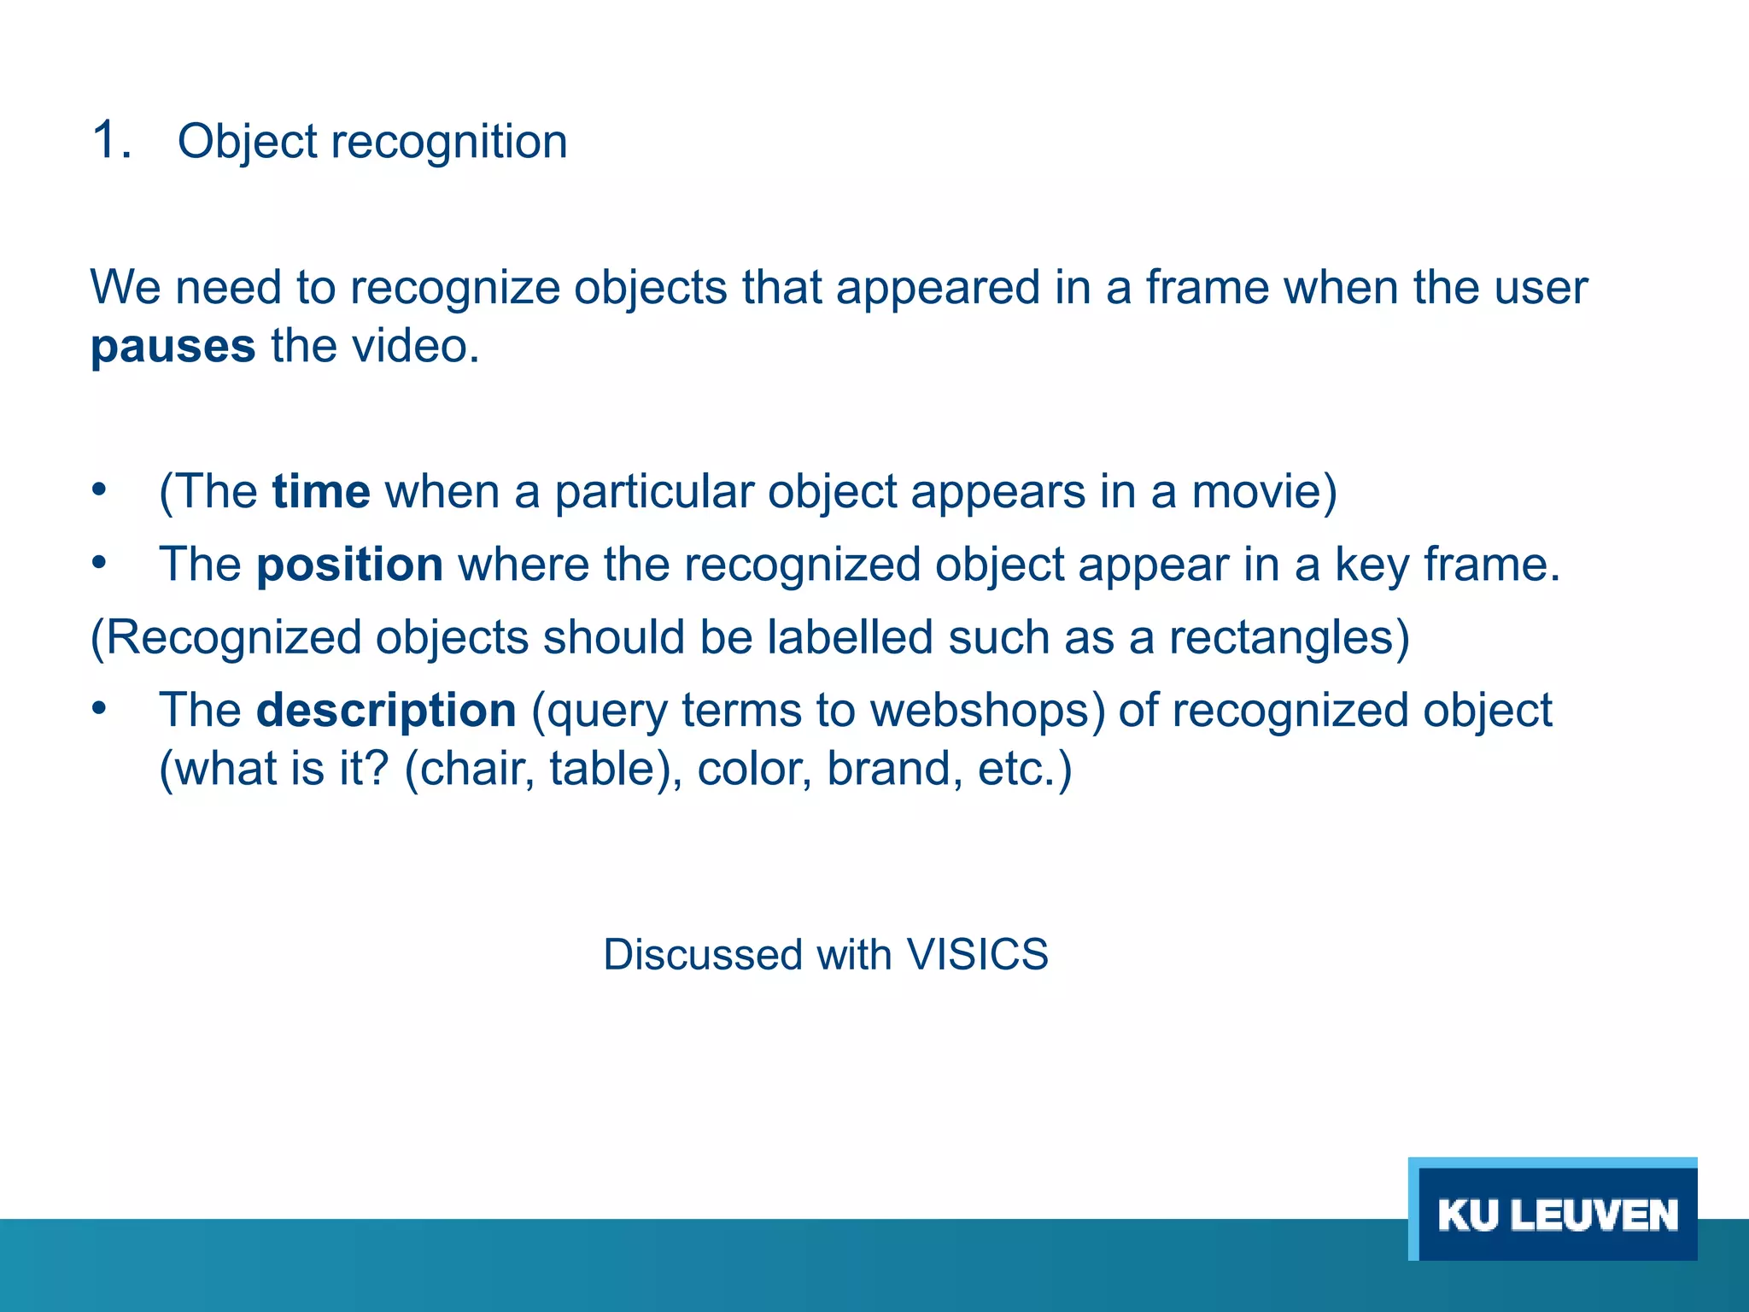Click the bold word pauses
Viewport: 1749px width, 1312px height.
pos(173,348)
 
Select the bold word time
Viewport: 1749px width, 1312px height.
pos(321,492)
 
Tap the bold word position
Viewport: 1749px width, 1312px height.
pos(349,565)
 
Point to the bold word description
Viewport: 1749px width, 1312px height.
pos(386,711)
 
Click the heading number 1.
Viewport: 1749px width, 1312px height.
pos(111,140)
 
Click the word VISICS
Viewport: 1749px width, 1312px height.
pos(977,955)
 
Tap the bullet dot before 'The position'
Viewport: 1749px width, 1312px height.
pos(100,563)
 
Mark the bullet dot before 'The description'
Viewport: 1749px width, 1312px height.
pos(100,708)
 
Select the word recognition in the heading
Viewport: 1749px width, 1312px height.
pos(448,142)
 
